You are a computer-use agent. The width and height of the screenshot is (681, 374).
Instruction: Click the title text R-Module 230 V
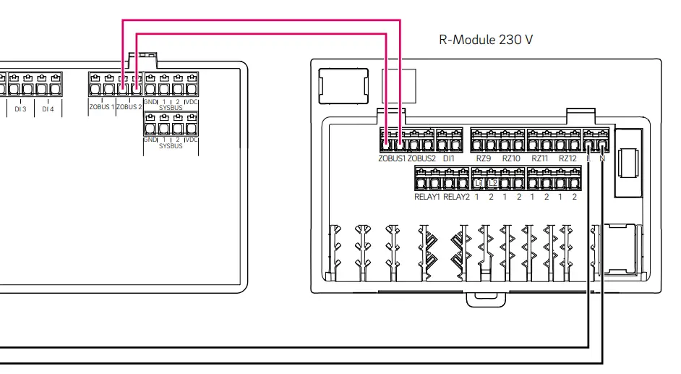click(x=486, y=40)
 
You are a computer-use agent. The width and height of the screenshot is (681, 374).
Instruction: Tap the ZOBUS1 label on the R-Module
click(x=392, y=158)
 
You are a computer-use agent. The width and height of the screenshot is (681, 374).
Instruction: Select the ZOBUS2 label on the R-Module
click(x=421, y=158)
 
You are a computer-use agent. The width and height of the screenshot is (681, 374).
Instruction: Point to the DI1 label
click(x=449, y=158)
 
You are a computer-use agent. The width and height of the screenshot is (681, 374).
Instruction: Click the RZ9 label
click(x=484, y=158)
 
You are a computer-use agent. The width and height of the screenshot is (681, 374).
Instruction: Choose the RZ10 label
click(x=511, y=158)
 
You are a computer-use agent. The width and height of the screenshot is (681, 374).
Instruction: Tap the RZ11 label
click(x=540, y=158)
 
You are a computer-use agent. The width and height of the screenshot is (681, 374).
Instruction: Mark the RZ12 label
click(x=567, y=158)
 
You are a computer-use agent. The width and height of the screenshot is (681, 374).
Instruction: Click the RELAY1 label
click(x=427, y=197)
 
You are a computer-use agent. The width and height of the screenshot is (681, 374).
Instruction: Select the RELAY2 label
click(x=456, y=197)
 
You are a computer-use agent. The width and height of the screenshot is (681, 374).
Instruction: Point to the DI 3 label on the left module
click(x=20, y=109)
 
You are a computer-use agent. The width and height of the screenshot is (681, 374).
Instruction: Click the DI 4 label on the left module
click(x=48, y=109)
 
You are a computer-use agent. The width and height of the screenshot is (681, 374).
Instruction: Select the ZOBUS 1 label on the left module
click(x=102, y=107)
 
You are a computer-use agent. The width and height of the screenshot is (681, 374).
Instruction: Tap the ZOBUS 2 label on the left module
click(x=129, y=107)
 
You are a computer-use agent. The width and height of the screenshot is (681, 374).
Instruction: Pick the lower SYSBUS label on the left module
click(x=171, y=145)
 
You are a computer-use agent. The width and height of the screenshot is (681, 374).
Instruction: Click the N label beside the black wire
click(x=601, y=158)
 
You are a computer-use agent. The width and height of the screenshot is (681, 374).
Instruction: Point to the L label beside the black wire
click(x=589, y=158)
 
